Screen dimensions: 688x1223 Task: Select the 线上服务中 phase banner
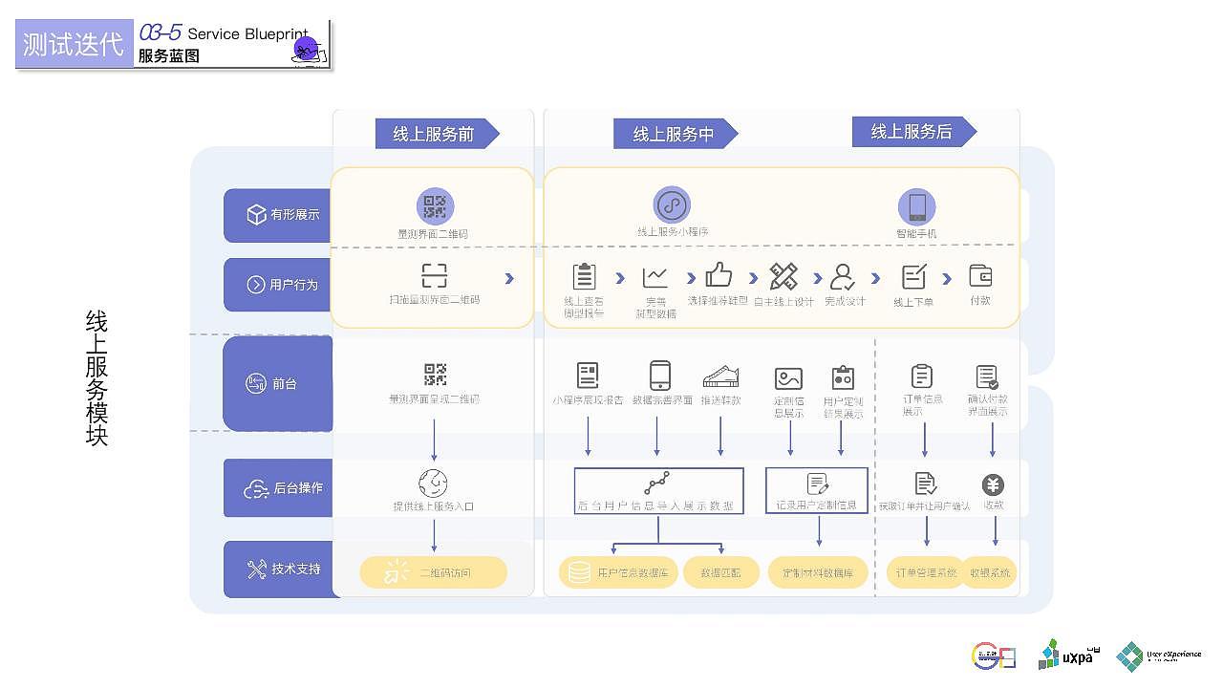pos(674,135)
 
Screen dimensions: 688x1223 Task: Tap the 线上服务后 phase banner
pos(912,132)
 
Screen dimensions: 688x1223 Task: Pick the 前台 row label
pos(278,383)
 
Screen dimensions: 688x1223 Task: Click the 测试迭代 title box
pos(74,45)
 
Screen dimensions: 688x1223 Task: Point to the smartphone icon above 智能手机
pos(916,206)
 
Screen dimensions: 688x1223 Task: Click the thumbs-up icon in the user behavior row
pos(719,275)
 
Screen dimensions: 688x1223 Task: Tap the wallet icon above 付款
pos(980,275)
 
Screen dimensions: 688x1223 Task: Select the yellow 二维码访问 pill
pos(434,572)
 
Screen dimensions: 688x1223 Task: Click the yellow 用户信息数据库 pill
pos(618,572)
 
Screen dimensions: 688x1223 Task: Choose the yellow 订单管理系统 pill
pos(925,572)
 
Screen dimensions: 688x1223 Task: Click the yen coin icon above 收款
pos(994,484)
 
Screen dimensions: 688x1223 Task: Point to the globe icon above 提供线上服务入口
pos(433,484)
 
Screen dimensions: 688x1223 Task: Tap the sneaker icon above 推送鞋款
pos(720,376)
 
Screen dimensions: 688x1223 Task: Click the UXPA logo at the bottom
pos(1067,655)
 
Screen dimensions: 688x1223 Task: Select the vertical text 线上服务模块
pos(97,377)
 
